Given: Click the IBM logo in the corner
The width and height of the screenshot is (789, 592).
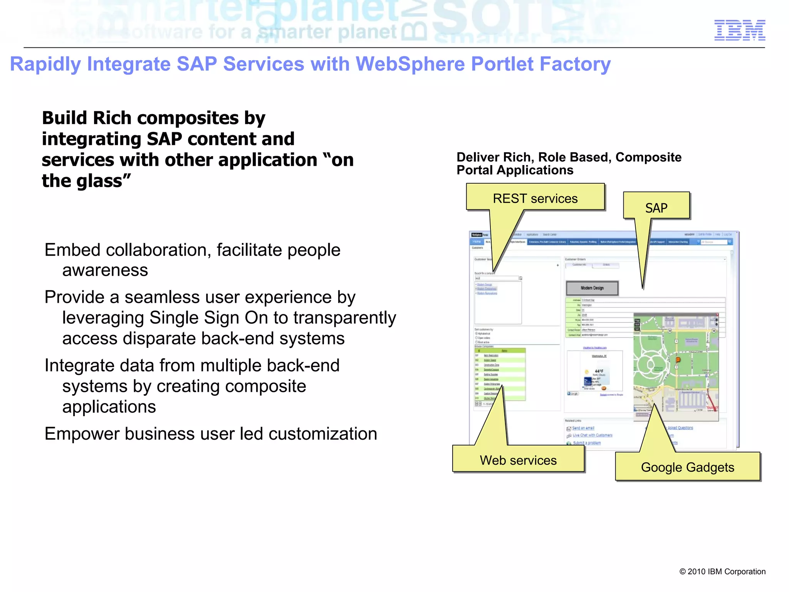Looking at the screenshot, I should click(739, 30).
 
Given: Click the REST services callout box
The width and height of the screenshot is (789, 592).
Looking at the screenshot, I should click(535, 198).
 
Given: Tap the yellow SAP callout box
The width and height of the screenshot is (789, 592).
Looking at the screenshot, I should click(656, 207).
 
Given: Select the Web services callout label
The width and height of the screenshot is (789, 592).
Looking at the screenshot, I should click(518, 460).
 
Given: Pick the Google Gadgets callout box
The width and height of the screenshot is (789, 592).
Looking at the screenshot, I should click(687, 467).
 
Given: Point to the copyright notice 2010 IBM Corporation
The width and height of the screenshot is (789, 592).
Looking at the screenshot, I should click(722, 572).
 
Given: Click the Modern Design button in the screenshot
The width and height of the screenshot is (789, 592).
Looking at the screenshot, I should click(592, 288).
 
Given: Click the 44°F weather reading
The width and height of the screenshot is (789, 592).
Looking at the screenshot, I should click(599, 371).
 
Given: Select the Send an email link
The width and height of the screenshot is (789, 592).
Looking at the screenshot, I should click(583, 428).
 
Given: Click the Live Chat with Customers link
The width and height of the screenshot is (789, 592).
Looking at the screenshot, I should click(592, 435).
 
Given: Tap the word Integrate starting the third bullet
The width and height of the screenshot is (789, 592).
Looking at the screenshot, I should click(79, 366).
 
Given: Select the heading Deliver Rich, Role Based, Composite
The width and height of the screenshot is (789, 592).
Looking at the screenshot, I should click(569, 157).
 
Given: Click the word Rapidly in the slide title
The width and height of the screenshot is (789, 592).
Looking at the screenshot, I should click(45, 64).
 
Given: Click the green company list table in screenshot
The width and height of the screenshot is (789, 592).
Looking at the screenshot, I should click(500, 374).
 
